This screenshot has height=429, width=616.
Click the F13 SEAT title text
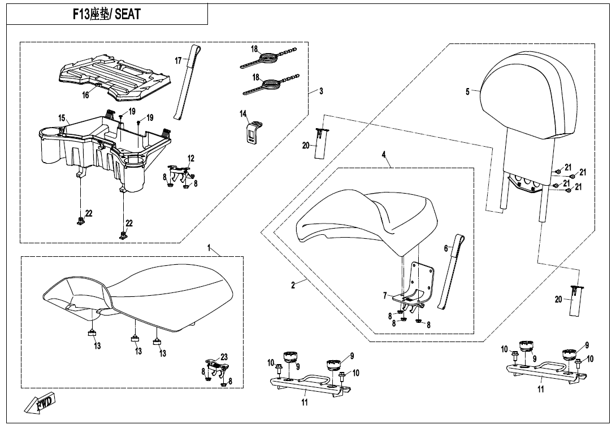pos(106,14)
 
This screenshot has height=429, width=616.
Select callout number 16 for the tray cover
pos(85,95)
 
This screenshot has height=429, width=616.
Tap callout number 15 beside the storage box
pos(61,117)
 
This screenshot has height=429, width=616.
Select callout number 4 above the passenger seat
pos(383,154)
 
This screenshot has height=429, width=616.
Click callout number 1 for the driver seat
pos(209,248)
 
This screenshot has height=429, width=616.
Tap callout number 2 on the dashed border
pos(293,285)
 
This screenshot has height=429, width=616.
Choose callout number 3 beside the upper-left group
pos(321,91)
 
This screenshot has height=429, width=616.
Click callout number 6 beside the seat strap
pos(445,248)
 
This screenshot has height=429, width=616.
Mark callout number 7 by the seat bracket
pos(384,295)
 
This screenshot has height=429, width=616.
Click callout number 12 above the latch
pos(191,159)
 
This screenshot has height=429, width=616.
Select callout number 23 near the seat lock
pos(224,357)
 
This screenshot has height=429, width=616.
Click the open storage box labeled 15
pos(102,147)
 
